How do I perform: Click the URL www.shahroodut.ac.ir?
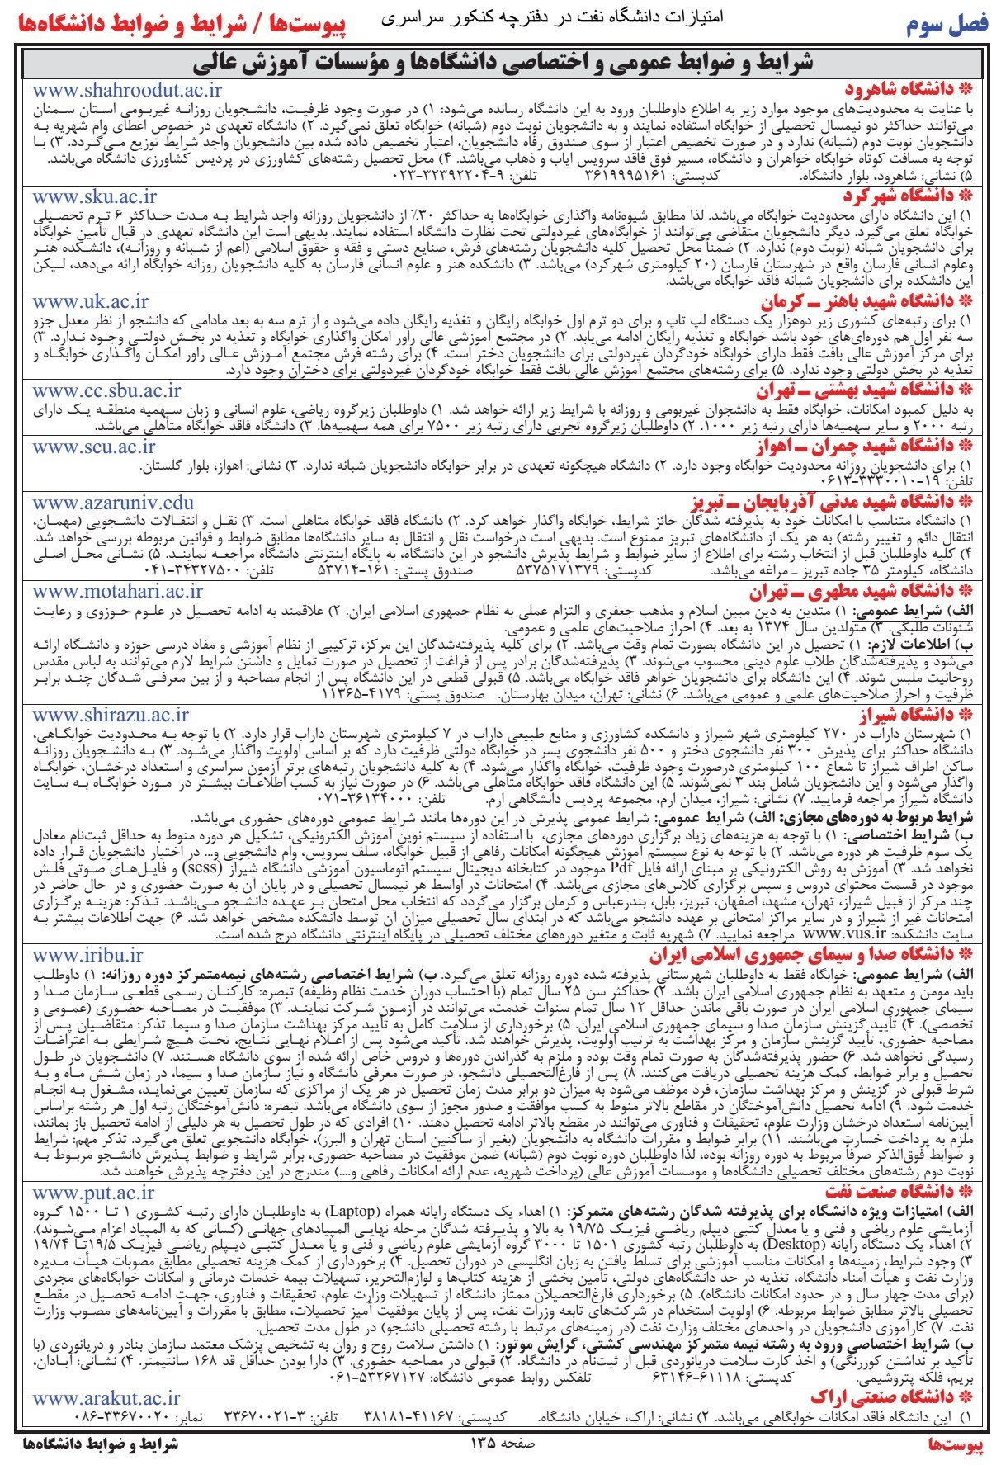click(127, 91)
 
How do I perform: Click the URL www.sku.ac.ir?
click(95, 196)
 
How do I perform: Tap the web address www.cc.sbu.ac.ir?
click(107, 390)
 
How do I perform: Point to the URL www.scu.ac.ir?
click(94, 447)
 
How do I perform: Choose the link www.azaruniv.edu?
click(114, 503)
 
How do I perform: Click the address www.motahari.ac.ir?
click(118, 591)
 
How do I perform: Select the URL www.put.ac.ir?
click(93, 1193)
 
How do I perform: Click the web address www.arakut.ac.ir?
click(106, 1374)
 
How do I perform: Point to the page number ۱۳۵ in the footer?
click(483, 1444)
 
